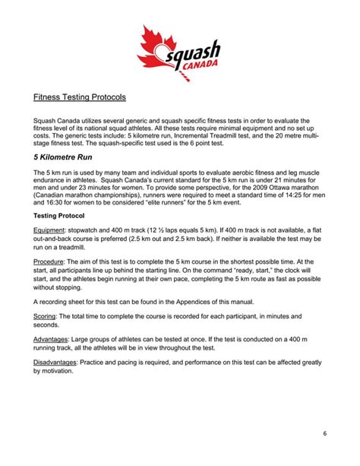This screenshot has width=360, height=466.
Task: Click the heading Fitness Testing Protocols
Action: click(80, 97)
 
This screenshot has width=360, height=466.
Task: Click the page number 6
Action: click(324, 434)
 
